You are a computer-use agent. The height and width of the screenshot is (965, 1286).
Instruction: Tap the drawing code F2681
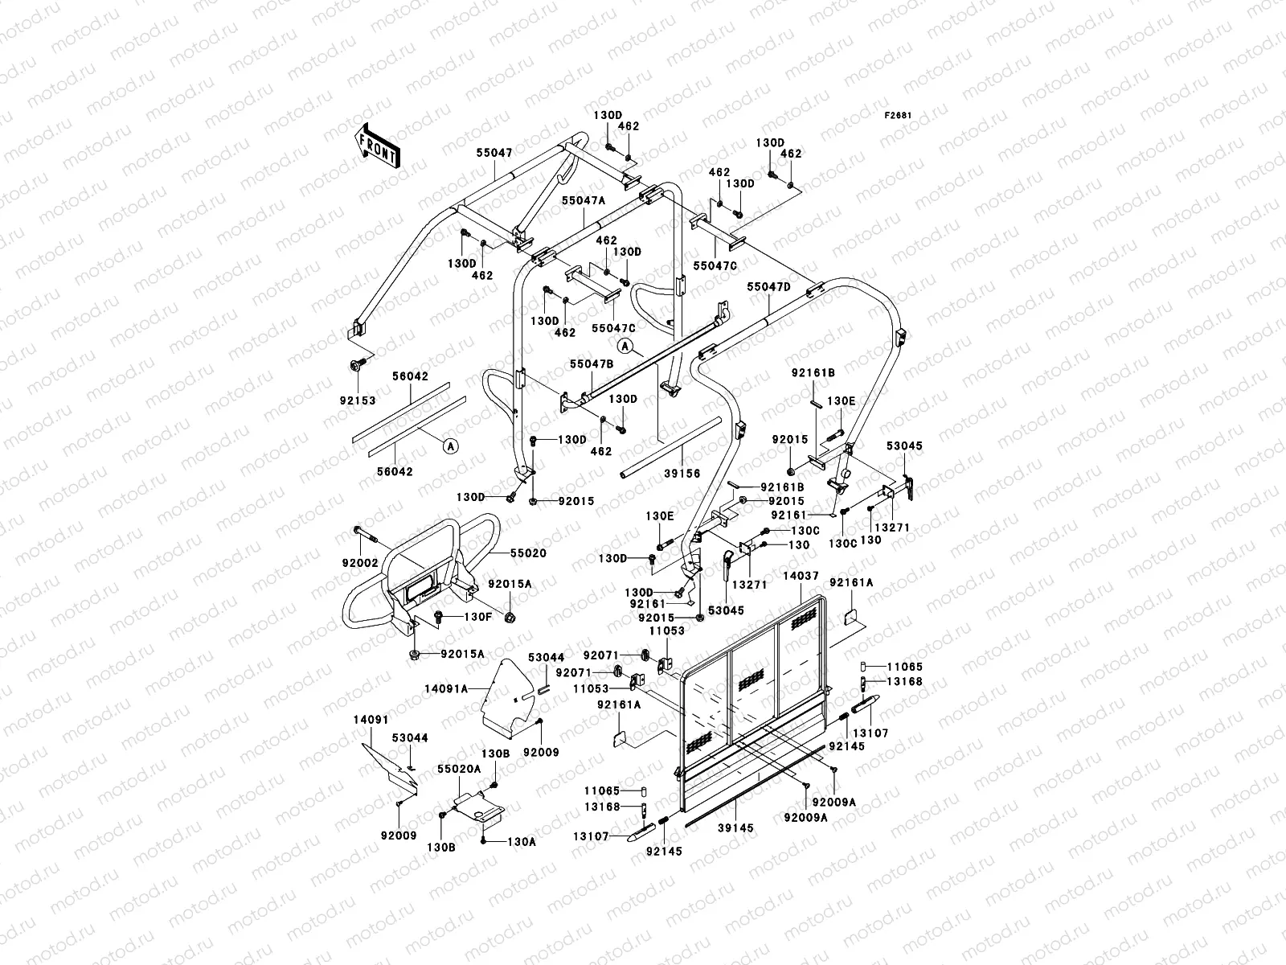899,116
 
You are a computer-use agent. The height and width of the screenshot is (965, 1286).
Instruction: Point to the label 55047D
768,286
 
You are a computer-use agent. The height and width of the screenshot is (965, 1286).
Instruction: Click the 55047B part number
592,363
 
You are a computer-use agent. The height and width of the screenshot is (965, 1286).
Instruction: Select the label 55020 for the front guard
527,553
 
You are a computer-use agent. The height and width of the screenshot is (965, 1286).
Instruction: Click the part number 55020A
459,768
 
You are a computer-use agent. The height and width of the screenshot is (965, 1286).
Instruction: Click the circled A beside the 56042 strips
450,445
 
